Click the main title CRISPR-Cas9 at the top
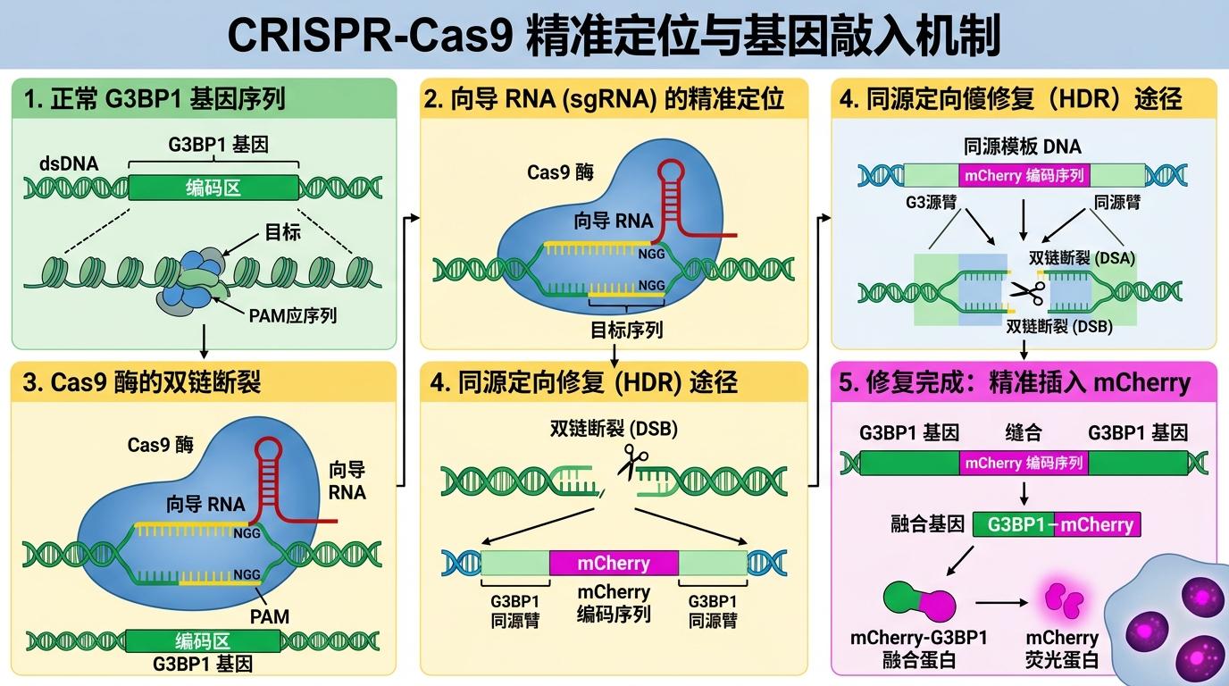614,36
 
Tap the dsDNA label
69,163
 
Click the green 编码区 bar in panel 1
213,188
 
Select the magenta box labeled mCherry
614,563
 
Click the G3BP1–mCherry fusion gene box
1057,524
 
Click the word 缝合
1024,433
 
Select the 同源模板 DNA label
1023,146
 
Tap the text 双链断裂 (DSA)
1083,258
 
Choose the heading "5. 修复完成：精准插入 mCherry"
1015,383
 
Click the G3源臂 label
932,202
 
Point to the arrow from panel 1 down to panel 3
205,340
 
